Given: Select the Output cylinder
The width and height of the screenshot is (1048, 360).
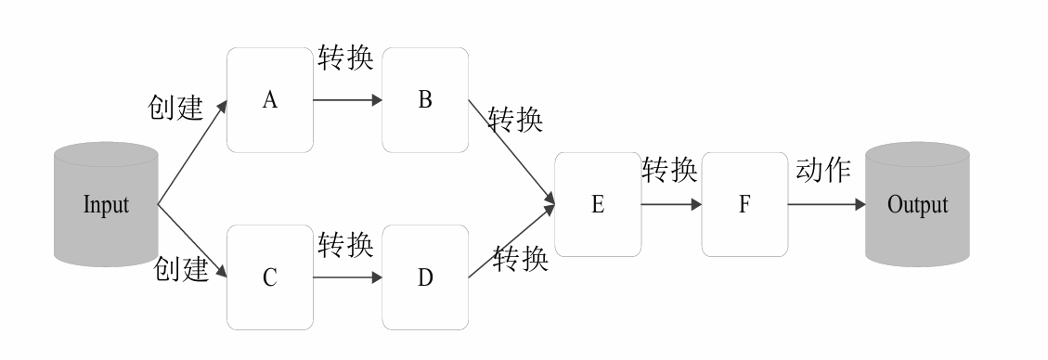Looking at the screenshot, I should pyautogui.click(x=917, y=204).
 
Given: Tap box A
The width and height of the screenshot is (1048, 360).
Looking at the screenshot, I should pyautogui.click(x=270, y=101).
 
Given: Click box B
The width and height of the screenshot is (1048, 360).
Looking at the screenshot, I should pyautogui.click(x=424, y=101).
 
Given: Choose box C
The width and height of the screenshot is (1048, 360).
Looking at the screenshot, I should pyautogui.click(x=270, y=276).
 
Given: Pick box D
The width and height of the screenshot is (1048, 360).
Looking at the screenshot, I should pyautogui.click(x=424, y=276).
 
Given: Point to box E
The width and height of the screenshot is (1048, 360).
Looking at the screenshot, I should pyautogui.click(x=597, y=204).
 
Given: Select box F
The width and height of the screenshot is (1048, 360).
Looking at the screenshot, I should pyautogui.click(x=744, y=204).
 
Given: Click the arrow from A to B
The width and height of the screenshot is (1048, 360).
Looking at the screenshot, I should pyautogui.click(x=347, y=100).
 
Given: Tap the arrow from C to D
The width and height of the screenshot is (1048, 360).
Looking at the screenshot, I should pyautogui.click(x=347, y=276).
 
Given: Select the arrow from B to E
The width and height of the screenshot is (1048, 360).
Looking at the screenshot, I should pyautogui.click(x=511, y=153).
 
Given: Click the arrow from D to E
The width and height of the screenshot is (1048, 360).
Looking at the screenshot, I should pyautogui.click(x=511, y=242).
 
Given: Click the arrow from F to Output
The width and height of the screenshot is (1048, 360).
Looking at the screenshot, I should pyautogui.click(x=825, y=204).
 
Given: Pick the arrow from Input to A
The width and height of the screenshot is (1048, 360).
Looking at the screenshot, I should pyautogui.click(x=192, y=152).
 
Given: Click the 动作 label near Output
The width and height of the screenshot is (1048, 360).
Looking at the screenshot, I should pyautogui.click(x=823, y=170).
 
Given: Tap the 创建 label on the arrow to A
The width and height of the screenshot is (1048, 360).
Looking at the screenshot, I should pyautogui.click(x=175, y=108).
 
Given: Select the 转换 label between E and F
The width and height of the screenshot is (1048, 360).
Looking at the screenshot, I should pyautogui.click(x=669, y=170).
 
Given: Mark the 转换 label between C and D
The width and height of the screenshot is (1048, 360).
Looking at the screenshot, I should pyautogui.click(x=345, y=244).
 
